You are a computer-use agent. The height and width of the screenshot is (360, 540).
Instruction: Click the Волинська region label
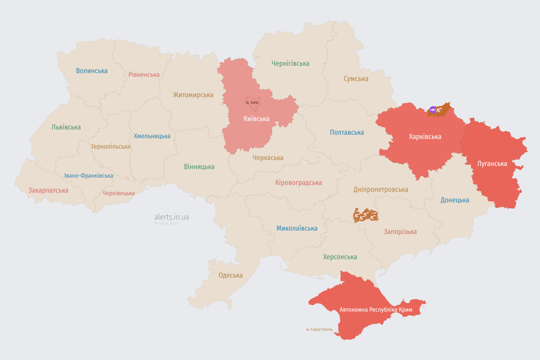coord(92,71)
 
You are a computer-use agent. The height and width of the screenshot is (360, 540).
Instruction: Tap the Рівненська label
coord(144,75)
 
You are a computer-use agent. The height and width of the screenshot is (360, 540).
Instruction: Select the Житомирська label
coord(193,95)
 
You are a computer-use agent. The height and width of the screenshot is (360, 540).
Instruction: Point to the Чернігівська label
coord(290,63)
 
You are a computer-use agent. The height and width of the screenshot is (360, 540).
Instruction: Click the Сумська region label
coord(356,79)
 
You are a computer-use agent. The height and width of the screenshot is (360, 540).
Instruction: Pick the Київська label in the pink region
coord(256,119)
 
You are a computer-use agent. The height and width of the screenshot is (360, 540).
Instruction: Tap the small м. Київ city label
coord(252,103)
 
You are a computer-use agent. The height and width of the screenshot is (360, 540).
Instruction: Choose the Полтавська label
coord(347,132)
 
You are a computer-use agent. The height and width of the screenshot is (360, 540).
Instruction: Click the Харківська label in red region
coord(425,136)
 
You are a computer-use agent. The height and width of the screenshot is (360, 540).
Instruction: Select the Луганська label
coord(492,164)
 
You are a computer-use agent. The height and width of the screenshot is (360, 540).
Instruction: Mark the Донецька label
coord(455,200)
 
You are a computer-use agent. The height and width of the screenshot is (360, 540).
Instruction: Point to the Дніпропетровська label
coord(381,189)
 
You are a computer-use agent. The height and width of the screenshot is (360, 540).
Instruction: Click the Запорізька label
coord(400,232)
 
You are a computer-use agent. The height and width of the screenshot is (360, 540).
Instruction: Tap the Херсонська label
coord(340,257)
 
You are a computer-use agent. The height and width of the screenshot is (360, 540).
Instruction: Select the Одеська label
coord(231,275)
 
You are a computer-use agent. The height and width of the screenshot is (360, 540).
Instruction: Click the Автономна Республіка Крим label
coord(376,310)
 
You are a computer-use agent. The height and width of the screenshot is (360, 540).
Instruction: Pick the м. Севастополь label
coord(319,330)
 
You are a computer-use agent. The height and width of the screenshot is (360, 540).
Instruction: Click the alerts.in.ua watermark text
coord(172,217)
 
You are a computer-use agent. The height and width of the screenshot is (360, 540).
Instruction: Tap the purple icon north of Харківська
coord(433,110)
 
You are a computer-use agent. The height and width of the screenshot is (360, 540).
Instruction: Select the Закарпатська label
coord(48,190)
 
